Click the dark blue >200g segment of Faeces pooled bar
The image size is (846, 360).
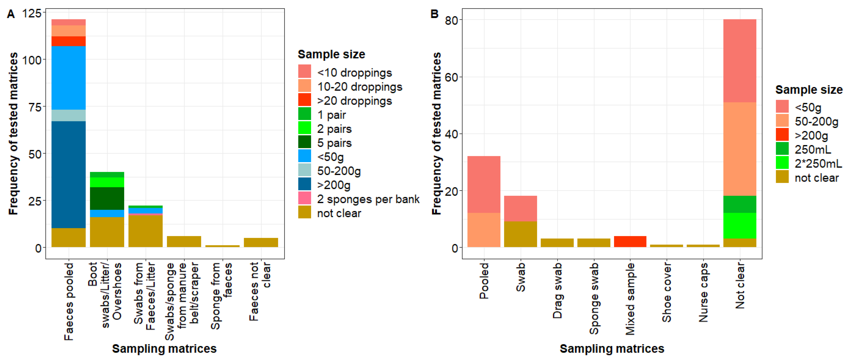pyautogui.click(x=68, y=174)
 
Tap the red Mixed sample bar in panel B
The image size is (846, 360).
pyautogui.click(x=630, y=241)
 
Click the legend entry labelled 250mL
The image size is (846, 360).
pyautogui.click(x=812, y=150)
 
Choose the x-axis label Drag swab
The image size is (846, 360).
pyautogui.click(x=557, y=291)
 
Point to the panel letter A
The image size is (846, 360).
pyautogui.click(x=11, y=14)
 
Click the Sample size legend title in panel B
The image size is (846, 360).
pyautogui.click(x=809, y=90)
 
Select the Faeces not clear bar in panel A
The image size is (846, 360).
pyautogui.click(x=261, y=242)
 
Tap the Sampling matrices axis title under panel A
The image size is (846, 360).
pyautogui.click(x=164, y=349)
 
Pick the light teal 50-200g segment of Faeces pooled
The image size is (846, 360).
pyautogui.click(x=68, y=115)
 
